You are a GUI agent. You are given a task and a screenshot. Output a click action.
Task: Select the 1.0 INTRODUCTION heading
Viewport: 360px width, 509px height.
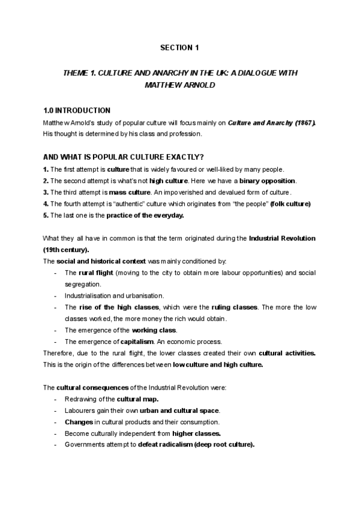[77, 111]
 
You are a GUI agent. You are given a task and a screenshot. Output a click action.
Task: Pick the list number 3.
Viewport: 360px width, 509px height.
[46, 192]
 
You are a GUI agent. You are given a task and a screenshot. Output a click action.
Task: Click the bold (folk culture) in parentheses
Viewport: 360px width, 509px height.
[290, 203]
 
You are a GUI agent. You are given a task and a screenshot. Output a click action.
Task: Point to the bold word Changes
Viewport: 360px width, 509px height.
[79, 422]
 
